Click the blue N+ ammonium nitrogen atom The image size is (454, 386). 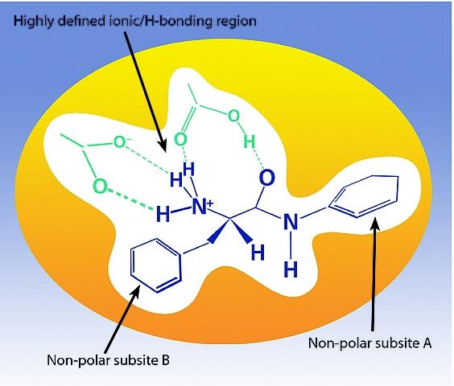click(x=200, y=207)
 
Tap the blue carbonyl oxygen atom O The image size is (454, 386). click(x=266, y=178)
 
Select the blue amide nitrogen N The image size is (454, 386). click(x=291, y=222)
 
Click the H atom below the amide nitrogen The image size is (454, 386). click(x=291, y=269)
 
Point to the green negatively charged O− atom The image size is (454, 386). click(x=121, y=142)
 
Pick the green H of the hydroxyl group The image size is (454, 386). click(x=249, y=142)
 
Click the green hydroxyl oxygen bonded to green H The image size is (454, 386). click(x=233, y=116)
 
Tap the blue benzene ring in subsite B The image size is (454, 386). click(x=156, y=265)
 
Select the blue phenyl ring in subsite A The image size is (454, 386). click(x=365, y=196)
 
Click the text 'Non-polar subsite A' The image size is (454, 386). click(x=369, y=343)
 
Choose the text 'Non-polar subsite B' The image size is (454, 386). click(x=108, y=360)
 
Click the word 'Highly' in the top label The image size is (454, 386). click(x=33, y=22)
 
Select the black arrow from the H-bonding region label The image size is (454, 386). click(x=145, y=91)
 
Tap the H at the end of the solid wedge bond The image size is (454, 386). click(x=258, y=253)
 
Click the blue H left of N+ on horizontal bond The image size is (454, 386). click(x=163, y=214)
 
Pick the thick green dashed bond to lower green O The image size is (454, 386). click(x=131, y=199)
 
